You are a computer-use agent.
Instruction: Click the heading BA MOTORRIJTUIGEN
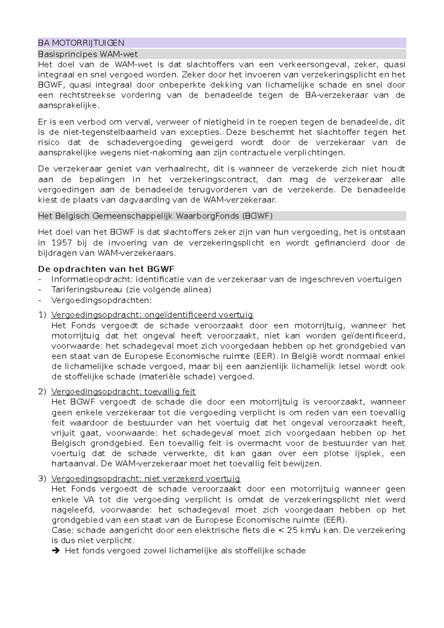click(81, 43)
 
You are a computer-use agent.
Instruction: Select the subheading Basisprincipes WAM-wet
click(88, 54)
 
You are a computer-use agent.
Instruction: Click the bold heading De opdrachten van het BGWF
click(107, 269)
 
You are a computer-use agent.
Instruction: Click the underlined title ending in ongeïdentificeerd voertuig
click(152, 315)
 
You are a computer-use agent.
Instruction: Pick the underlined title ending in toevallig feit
click(123, 392)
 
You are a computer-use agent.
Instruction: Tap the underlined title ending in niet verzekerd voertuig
click(146, 479)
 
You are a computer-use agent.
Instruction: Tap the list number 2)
click(42, 392)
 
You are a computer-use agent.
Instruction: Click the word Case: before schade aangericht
click(63, 530)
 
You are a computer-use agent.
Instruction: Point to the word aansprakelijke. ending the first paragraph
click(69, 106)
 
